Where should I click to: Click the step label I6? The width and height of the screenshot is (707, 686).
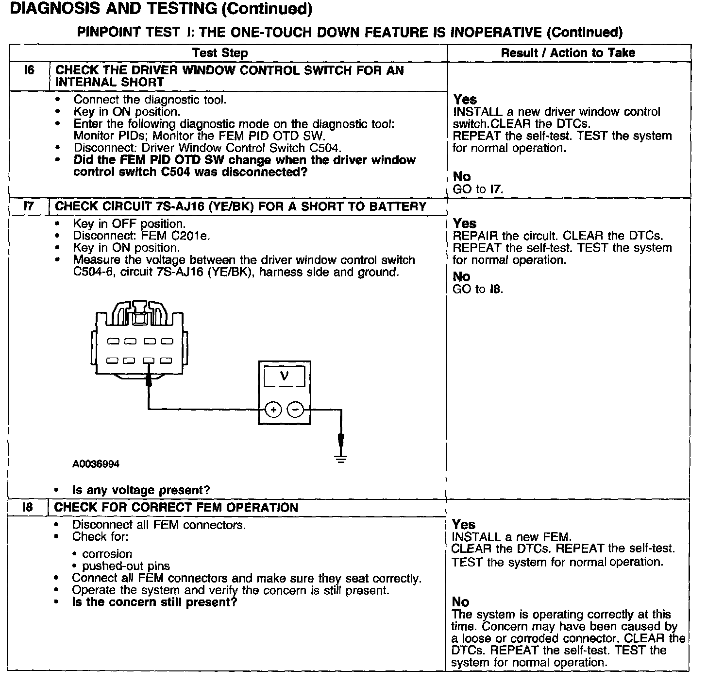pyautogui.click(x=29, y=70)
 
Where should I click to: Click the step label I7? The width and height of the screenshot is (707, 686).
pyautogui.click(x=29, y=206)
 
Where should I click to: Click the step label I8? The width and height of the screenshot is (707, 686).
pyautogui.click(x=28, y=508)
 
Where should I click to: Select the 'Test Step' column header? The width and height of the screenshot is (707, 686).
pyautogui.click(x=219, y=53)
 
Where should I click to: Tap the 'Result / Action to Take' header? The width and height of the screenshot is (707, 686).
pyautogui.click(x=568, y=52)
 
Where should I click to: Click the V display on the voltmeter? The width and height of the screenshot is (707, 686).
pyautogui.click(x=285, y=376)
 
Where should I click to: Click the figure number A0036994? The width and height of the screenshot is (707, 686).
pyautogui.click(x=96, y=464)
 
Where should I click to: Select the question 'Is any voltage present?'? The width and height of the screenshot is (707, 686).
pyautogui.click(x=141, y=490)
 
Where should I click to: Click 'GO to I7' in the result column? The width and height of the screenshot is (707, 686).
pyautogui.click(x=478, y=189)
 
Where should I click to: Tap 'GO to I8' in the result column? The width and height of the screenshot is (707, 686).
pyautogui.click(x=478, y=290)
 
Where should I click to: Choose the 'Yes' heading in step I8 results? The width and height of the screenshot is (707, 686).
pyautogui.click(x=464, y=525)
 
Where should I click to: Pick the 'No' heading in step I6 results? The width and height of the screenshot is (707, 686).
pyautogui.click(x=462, y=176)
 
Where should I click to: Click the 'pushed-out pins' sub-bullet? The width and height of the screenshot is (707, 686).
pyautogui.click(x=126, y=566)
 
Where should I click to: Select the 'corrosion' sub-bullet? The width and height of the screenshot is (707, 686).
pyautogui.click(x=107, y=554)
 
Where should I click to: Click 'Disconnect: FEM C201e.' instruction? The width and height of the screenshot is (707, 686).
pyautogui.click(x=141, y=236)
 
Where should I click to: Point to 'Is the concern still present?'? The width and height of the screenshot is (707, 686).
pyautogui.click(x=154, y=602)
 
